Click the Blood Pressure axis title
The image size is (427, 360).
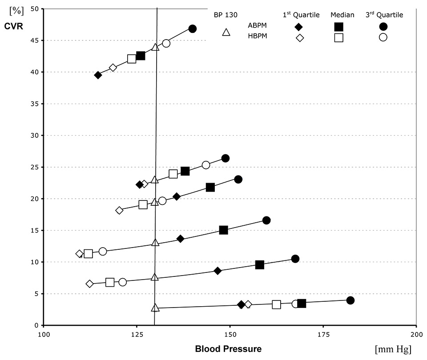(x=228, y=348)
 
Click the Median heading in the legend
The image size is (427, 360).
(x=342, y=15)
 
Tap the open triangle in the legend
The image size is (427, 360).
(x=226, y=32)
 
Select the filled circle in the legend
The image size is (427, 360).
(x=383, y=27)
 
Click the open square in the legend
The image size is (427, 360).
(x=338, y=37)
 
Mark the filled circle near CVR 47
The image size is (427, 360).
(x=192, y=29)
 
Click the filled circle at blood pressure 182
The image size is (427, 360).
(x=350, y=300)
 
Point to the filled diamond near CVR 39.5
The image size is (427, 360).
(x=98, y=75)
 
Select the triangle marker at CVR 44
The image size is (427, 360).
(x=155, y=47)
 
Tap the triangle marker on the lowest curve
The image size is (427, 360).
(x=155, y=308)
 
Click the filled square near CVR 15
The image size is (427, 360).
(x=224, y=230)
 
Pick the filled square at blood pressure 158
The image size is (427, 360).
(x=260, y=265)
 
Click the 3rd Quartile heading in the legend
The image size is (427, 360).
(x=383, y=15)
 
